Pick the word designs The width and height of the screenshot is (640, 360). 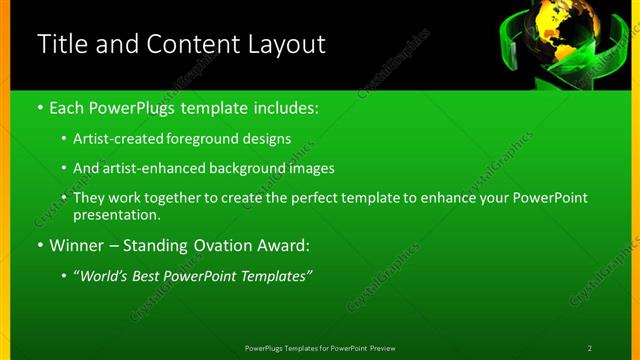tap(268, 138)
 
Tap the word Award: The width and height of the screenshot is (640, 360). tap(285, 245)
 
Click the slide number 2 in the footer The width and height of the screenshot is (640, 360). tap(590, 348)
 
